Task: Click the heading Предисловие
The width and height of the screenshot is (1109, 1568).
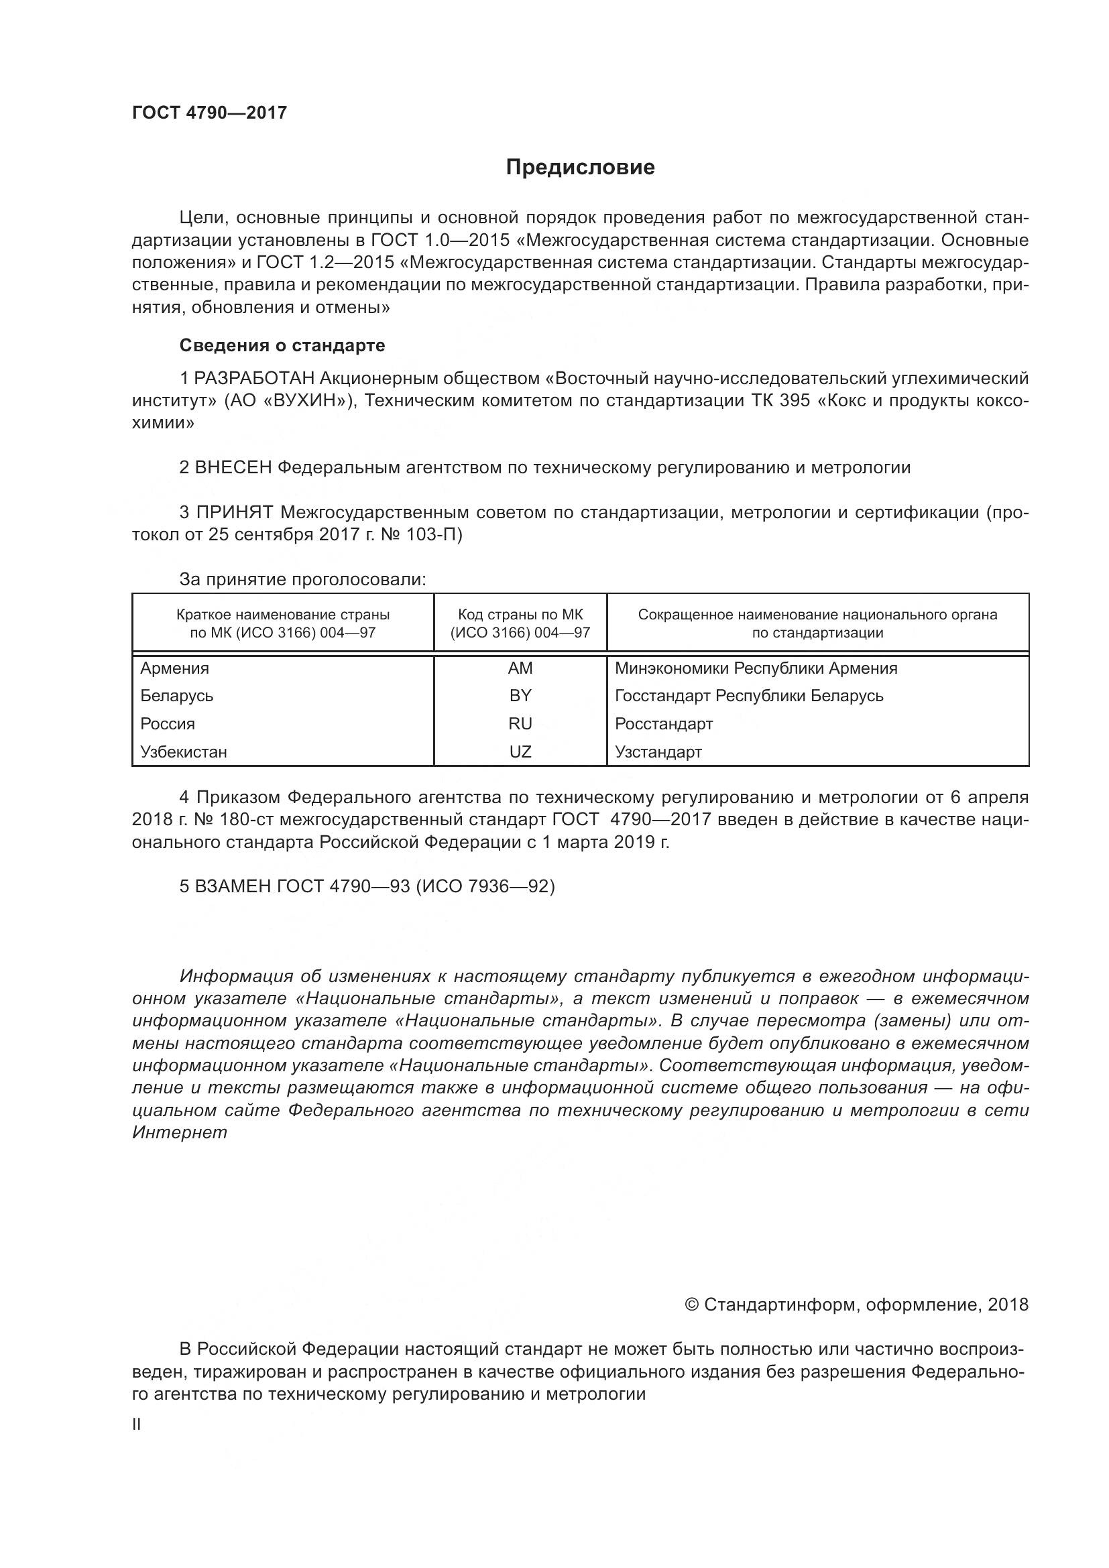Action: pos(580,168)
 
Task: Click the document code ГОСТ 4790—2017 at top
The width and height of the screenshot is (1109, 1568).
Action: pos(210,113)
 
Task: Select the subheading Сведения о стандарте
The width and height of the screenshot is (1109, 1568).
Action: pos(282,345)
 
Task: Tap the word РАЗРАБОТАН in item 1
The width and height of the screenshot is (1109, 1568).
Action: pos(255,378)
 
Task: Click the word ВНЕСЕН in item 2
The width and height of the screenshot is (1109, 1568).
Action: pos(233,468)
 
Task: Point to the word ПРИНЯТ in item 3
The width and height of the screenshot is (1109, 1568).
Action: pos(235,513)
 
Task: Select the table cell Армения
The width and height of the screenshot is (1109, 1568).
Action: pos(175,668)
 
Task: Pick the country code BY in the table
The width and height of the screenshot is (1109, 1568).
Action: pos(520,696)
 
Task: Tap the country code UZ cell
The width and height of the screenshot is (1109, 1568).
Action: pos(520,752)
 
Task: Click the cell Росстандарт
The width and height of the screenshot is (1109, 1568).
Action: pos(664,724)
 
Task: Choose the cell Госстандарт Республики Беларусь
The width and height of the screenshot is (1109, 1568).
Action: pos(749,696)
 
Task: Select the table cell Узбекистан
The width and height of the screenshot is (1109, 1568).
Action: pos(184,752)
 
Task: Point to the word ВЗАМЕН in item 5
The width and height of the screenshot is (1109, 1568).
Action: pos(233,886)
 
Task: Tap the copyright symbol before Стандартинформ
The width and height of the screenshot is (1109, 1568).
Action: pos(691,1305)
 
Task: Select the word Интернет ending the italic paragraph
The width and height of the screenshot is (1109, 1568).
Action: pos(180,1133)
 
